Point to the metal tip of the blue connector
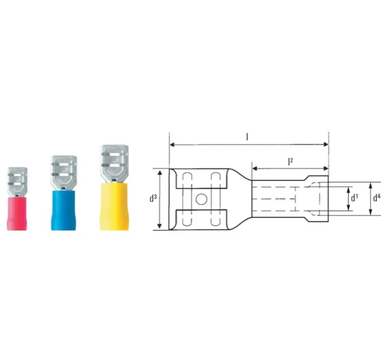click(x=65, y=170)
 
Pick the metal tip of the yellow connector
click(x=114, y=162)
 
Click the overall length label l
click(x=247, y=137)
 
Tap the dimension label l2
click(x=290, y=162)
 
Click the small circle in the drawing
click(x=201, y=199)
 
